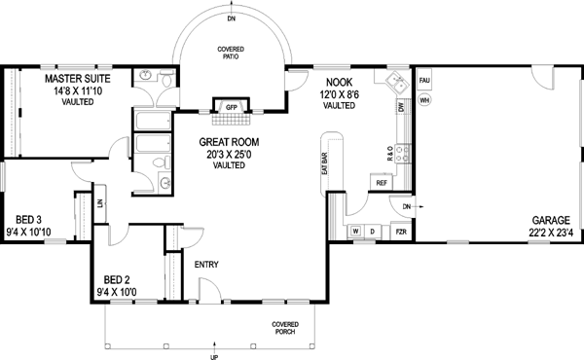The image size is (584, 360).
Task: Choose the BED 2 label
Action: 118,280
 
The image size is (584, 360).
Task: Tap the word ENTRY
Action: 205,265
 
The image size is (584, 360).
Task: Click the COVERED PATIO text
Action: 231,54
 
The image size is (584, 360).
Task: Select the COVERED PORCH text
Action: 285,327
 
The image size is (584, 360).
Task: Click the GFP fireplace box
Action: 232,106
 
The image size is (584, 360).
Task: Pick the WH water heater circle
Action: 424,99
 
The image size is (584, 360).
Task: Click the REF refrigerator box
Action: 382,182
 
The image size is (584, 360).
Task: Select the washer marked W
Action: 355,231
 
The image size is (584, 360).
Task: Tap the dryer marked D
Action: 372,231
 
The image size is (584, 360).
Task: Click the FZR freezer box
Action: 399,232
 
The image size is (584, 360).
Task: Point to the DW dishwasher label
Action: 401,108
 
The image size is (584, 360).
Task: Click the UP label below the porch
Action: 214,356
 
